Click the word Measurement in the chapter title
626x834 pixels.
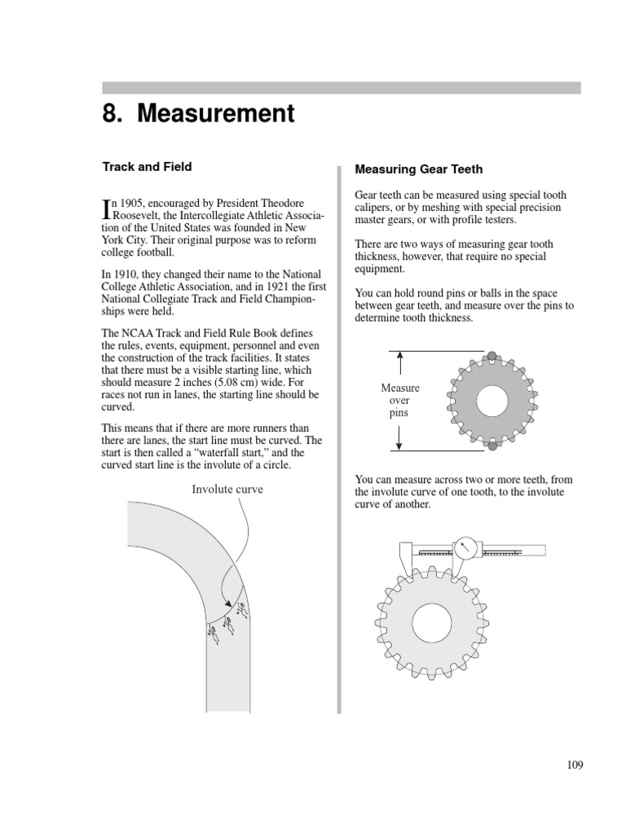pos(216,114)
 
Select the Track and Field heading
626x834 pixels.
pos(147,167)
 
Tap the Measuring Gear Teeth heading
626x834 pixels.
pos(418,169)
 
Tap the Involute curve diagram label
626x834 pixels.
pos(227,489)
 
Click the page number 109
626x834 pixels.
pos(575,764)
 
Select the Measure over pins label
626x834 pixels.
pos(400,401)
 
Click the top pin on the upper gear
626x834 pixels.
pos(492,355)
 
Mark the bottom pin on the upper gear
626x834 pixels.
pos(492,446)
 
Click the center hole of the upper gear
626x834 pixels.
pos(492,401)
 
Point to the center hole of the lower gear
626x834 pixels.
pos(432,624)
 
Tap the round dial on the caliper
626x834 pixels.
pos(465,549)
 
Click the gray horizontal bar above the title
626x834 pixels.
pos(341,88)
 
